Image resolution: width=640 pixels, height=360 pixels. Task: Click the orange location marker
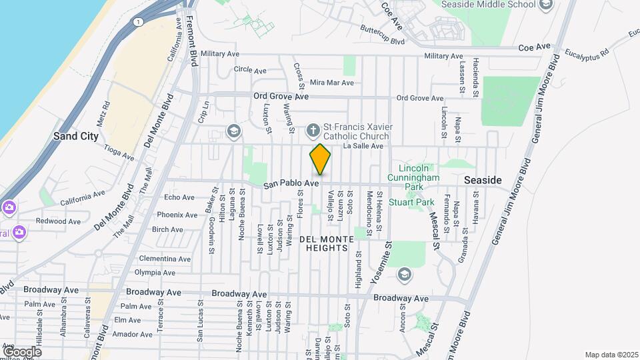tap(320, 160)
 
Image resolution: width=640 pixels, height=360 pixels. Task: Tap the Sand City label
tap(76, 136)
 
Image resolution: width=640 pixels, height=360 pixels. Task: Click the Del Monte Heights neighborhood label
tap(324, 243)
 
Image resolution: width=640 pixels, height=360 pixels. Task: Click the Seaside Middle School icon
tap(546, 5)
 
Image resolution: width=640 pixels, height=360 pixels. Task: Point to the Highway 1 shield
tap(138, 22)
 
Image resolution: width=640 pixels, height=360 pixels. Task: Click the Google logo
tap(21, 351)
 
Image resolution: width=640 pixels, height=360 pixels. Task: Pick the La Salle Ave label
tap(363, 146)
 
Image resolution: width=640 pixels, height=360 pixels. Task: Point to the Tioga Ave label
tap(119, 154)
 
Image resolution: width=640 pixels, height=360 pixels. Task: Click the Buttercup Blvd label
tap(382, 37)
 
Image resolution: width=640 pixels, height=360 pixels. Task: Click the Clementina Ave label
tap(163, 259)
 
